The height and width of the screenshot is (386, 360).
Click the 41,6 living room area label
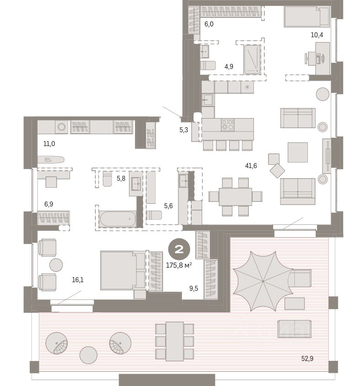point(251,166)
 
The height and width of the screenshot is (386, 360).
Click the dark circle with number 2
point(177,250)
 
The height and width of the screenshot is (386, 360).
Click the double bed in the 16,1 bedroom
point(118,270)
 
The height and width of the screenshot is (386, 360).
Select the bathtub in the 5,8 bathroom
point(118,219)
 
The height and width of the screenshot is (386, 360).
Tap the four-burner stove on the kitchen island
point(227,124)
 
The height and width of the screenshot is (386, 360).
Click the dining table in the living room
point(235,196)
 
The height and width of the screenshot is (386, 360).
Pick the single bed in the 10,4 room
point(306,17)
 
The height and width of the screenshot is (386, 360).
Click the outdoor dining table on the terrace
point(174,341)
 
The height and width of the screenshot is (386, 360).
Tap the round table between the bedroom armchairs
point(56,264)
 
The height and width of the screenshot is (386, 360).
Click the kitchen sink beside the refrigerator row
point(208,99)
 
